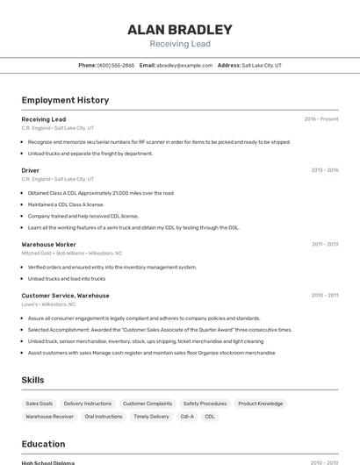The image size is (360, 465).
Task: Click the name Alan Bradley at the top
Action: click(180, 29)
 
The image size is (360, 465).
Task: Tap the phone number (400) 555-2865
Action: click(116, 65)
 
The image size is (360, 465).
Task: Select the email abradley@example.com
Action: click(184, 65)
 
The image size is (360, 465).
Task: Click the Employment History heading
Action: click(65, 100)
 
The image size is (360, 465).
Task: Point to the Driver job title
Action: click(31, 170)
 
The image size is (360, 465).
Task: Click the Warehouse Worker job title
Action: click(49, 244)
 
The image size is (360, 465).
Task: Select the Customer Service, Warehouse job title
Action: click(65, 296)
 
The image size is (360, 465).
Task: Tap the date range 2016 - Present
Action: click(321, 119)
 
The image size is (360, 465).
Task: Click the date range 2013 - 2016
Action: click(325, 170)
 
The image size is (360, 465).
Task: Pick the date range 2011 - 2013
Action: click(325, 244)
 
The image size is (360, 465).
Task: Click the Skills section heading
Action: click(33, 380)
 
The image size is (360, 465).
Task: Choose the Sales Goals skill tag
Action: click(40, 404)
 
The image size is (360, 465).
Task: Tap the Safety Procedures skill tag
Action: click(205, 404)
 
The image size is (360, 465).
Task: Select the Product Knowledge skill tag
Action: click(261, 404)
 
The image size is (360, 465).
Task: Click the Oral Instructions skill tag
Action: click(104, 417)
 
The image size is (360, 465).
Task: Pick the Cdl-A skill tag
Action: click(187, 417)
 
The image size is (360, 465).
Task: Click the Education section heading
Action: click(43, 444)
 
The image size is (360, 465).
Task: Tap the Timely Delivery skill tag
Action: click(152, 417)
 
